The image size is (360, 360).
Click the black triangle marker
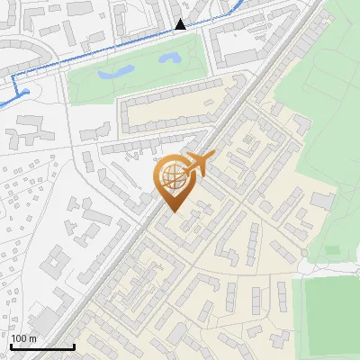181,24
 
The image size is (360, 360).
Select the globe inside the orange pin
173,176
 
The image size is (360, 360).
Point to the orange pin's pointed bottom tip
173,211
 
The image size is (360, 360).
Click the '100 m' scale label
23,338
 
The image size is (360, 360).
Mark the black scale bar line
41,346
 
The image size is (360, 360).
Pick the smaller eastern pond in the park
167,60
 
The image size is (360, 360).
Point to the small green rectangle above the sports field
332,249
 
